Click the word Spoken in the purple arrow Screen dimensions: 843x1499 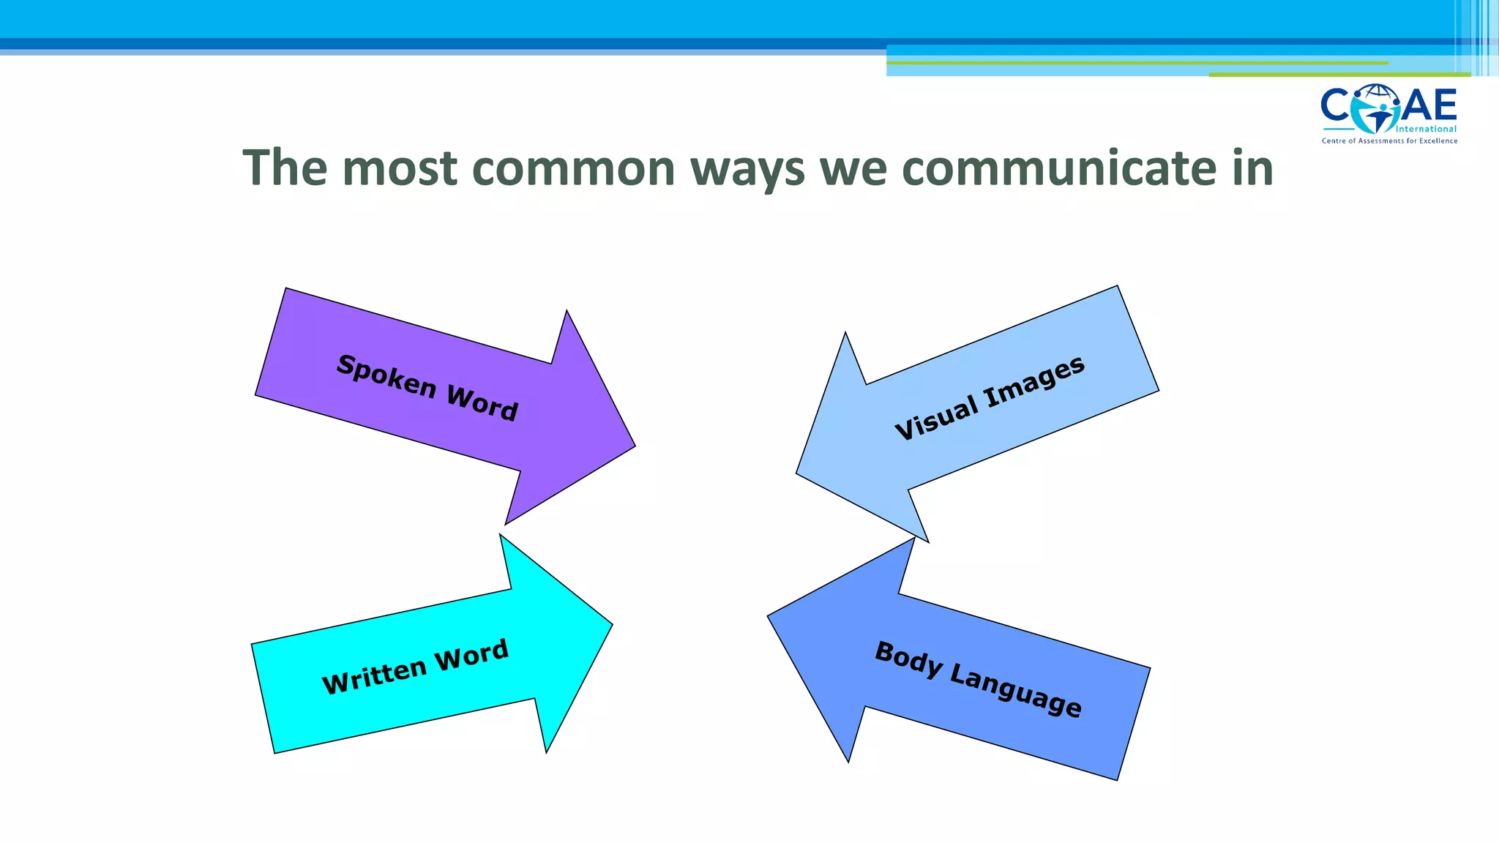click(x=386, y=375)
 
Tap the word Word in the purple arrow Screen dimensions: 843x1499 click(x=482, y=403)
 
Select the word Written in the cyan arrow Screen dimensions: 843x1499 click(x=374, y=675)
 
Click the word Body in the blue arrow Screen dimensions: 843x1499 click(x=908, y=659)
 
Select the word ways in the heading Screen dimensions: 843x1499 click(x=747, y=170)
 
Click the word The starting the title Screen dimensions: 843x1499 click(x=285, y=168)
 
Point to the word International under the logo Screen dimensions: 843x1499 click(x=1426, y=130)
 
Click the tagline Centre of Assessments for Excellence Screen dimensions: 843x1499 click(x=1389, y=140)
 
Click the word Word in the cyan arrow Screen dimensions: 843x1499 click(x=471, y=655)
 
